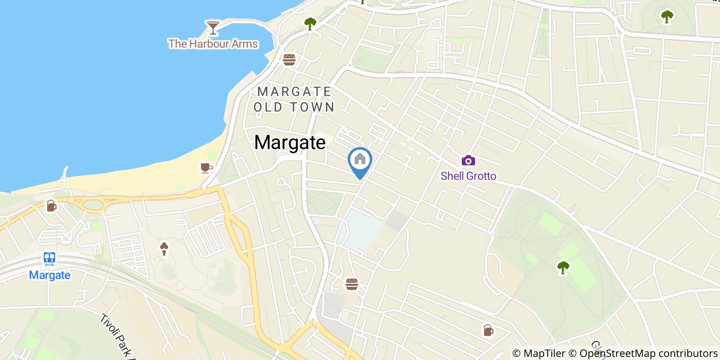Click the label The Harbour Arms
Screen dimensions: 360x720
(x=213, y=44)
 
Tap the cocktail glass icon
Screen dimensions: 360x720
(x=212, y=27)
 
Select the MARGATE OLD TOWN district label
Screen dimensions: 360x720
(x=295, y=99)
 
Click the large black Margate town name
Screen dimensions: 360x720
(x=290, y=142)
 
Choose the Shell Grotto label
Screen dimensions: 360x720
(x=469, y=176)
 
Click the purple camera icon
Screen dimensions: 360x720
(x=468, y=160)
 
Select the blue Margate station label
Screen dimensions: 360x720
(x=49, y=275)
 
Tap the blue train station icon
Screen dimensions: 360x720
(x=49, y=259)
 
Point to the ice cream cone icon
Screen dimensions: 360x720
(x=164, y=249)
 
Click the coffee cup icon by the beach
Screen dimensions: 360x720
(x=206, y=168)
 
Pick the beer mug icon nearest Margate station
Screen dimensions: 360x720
(x=51, y=206)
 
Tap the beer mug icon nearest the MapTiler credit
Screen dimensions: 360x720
(x=488, y=330)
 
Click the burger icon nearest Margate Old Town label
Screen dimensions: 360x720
(x=289, y=60)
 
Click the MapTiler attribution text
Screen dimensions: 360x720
(x=539, y=353)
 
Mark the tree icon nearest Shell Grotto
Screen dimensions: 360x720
(x=563, y=267)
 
